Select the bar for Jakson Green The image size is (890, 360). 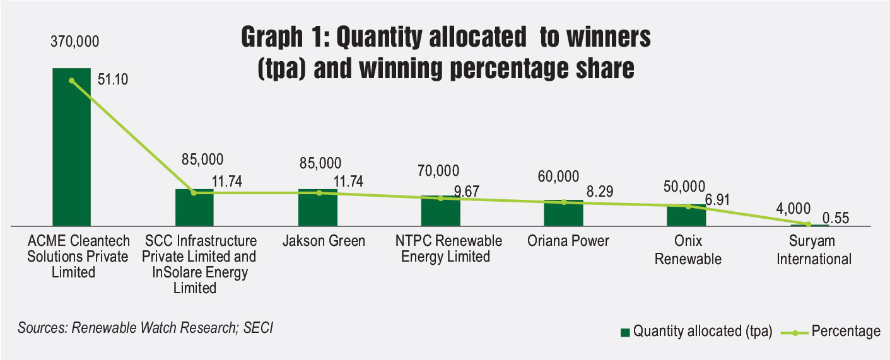point(317,207)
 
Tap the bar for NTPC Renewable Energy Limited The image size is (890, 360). point(440,211)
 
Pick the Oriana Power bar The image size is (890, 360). point(563,213)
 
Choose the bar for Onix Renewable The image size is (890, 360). point(686,215)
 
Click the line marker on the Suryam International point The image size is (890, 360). point(809,224)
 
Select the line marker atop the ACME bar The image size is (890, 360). point(71,81)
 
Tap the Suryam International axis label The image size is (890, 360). point(814,250)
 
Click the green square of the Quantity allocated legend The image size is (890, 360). point(625,332)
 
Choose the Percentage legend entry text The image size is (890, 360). point(846,332)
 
